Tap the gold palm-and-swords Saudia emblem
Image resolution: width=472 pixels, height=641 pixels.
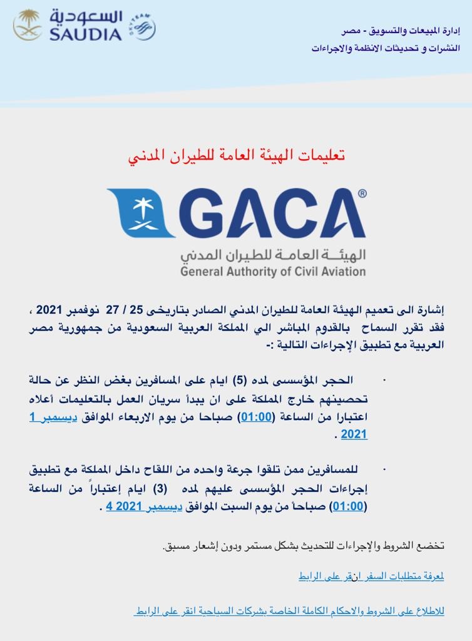pos(28,25)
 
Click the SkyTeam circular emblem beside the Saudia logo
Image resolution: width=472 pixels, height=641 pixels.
pos(142,26)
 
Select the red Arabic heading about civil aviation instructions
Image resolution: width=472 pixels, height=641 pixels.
pos(236,154)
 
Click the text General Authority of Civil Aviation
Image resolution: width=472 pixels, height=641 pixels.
pos(273,272)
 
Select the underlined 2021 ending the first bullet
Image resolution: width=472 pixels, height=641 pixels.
pos(354,434)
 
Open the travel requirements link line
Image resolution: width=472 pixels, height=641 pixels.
pos(371,576)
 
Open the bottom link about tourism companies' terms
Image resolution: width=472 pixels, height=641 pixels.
pos(289,610)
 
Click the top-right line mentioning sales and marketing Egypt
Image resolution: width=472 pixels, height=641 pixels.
pos(401,30)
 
